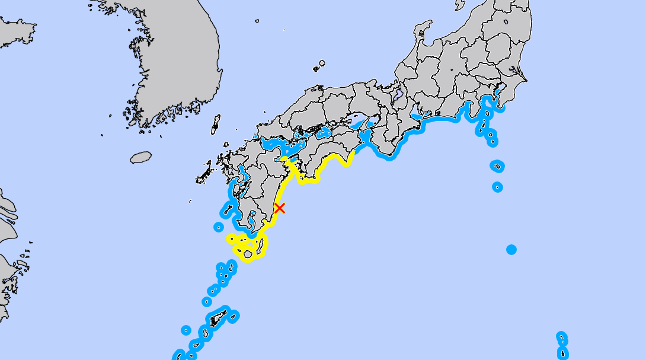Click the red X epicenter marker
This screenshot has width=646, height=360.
[x=280, y=208]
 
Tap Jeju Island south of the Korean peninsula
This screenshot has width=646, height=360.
[x=141, y=157]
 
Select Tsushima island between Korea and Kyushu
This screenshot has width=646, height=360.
[x=216, y=125]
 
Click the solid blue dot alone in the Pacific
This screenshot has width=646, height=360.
[x=511, y=250]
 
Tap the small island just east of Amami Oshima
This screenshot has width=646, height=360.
[x=233, y=316]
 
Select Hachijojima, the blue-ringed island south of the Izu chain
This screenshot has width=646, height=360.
[x=497, y=187]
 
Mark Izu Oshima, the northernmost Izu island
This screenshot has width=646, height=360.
[x=487, y=113]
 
